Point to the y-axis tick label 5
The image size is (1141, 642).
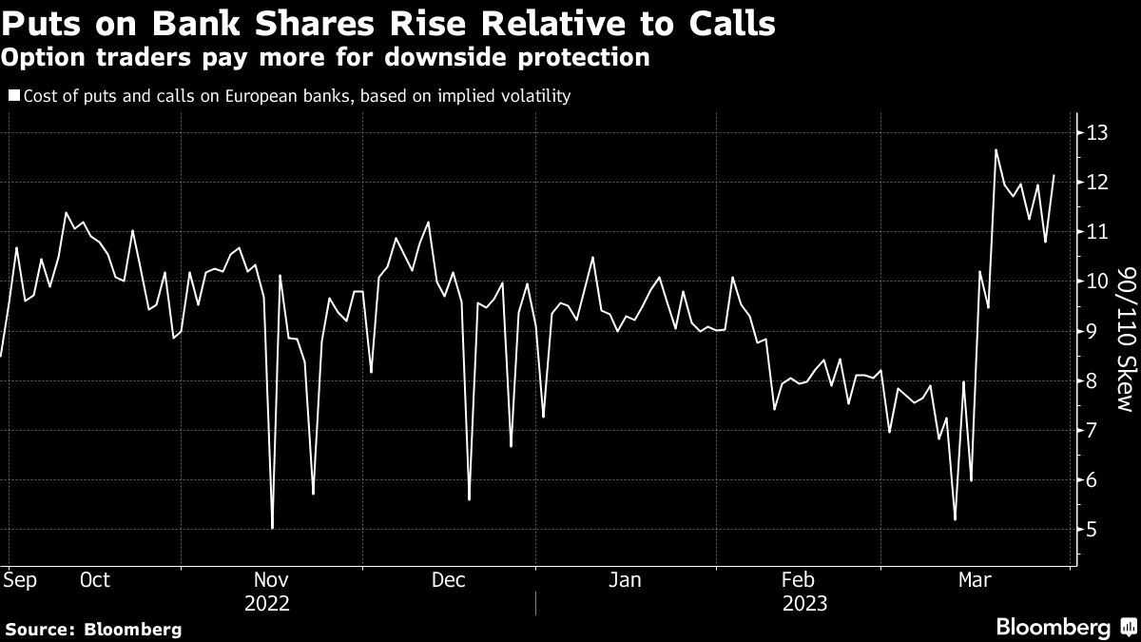coord(1093,530)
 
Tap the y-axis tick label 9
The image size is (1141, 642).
coord(1093,331)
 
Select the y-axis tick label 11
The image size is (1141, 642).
coord(1096,232)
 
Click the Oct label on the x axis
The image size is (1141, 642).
coord(95,580)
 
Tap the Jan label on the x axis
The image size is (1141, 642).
coord(625,580)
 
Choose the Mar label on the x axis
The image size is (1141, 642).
coord(973,580)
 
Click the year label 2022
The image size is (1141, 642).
coord(267,604)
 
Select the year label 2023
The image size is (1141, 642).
coord(804,604)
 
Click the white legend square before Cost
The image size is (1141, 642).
coord(13,95)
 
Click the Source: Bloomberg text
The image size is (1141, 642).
coord(93,629)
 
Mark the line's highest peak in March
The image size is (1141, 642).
coord(996,150)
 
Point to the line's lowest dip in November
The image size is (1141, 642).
coord(273,528)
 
